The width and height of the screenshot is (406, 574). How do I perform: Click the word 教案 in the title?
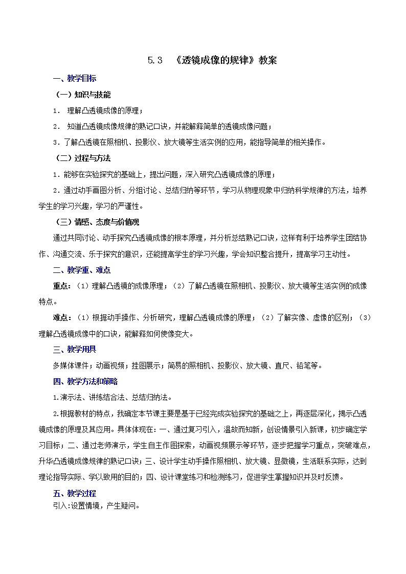(x=267, y=60)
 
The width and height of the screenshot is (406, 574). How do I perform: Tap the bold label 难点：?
(x=63, y=318)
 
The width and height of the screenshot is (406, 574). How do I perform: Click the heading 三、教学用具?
(x=74, y=350)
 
